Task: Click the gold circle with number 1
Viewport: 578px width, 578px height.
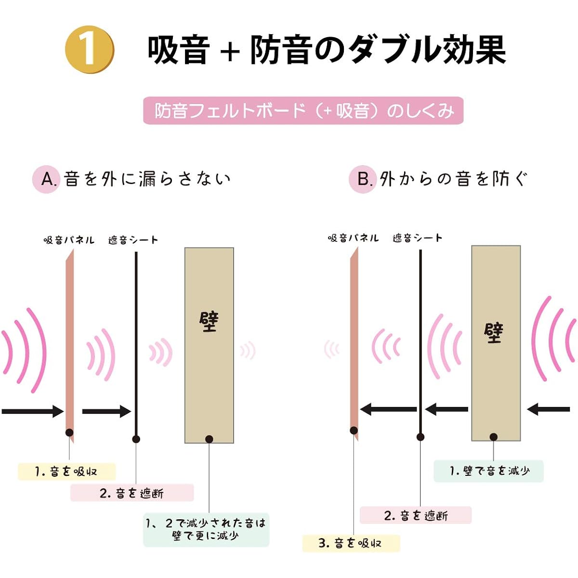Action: pos(90,50)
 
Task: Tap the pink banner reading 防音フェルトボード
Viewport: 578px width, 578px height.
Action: pos(303,110)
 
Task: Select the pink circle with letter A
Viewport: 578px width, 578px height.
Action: pos(46,179)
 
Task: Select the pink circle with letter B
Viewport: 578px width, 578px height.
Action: pos(362,179)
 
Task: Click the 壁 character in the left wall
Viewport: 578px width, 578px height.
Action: pos(209,322)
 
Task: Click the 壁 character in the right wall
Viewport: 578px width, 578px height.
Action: pos(493,333)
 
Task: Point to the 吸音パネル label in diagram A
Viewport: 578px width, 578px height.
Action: pos(69,240)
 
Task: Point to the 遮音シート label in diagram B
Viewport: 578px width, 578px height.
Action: pos(417,238)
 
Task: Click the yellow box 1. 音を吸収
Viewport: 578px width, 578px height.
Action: pos(66,472)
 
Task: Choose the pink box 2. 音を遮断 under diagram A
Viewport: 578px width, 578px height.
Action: pos(132,493)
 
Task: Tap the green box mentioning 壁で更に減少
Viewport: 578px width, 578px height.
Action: pos(206,529)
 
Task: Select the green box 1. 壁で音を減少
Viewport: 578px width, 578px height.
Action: pos(488,471)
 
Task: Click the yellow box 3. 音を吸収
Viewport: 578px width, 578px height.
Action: pos(351,543)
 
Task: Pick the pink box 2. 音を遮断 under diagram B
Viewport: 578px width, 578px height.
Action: pos(415,515)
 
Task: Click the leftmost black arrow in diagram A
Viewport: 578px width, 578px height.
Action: pos(33,411)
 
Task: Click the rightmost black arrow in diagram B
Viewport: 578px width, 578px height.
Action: pos(548,409)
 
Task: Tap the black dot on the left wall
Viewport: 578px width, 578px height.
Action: pos(209,439)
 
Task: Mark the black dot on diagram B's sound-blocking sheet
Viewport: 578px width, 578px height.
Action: pos(420,437)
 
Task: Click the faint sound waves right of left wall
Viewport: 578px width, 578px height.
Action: pos(248,350)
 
